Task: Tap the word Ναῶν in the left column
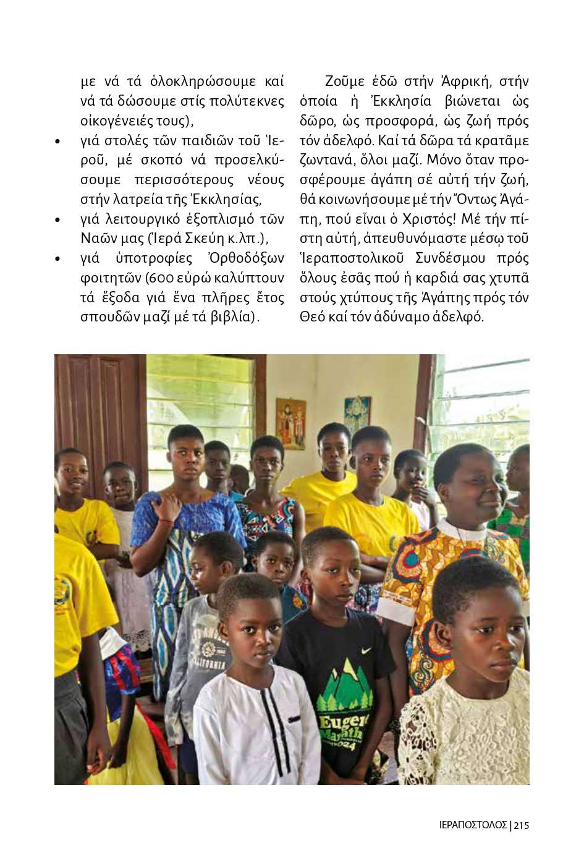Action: (x=96, y=239)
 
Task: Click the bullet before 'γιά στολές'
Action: (x=57, y=142)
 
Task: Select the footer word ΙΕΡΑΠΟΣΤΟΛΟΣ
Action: (x=473, y=825)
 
